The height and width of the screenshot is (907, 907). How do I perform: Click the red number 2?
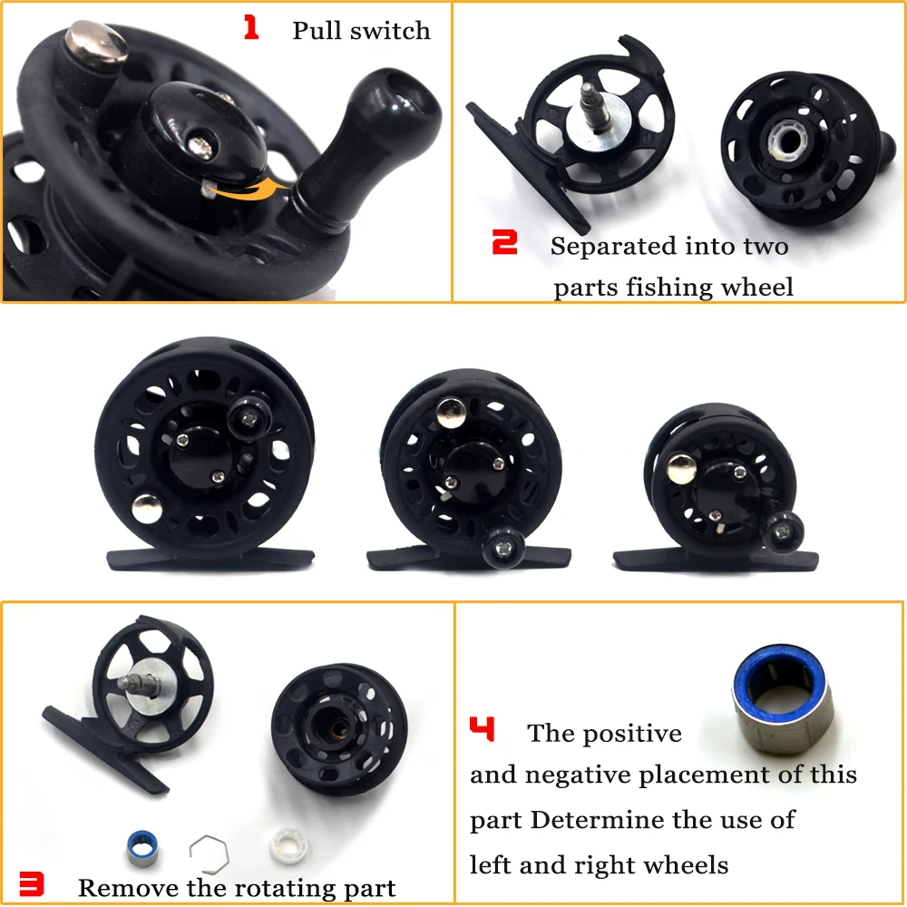(x=504, y=242)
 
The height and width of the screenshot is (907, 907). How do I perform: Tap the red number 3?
(x=32, y=884)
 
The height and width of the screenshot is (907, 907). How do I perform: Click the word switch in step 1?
(x=392, y=31)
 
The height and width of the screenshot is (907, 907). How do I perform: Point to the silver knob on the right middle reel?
(x=681, y=468)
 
